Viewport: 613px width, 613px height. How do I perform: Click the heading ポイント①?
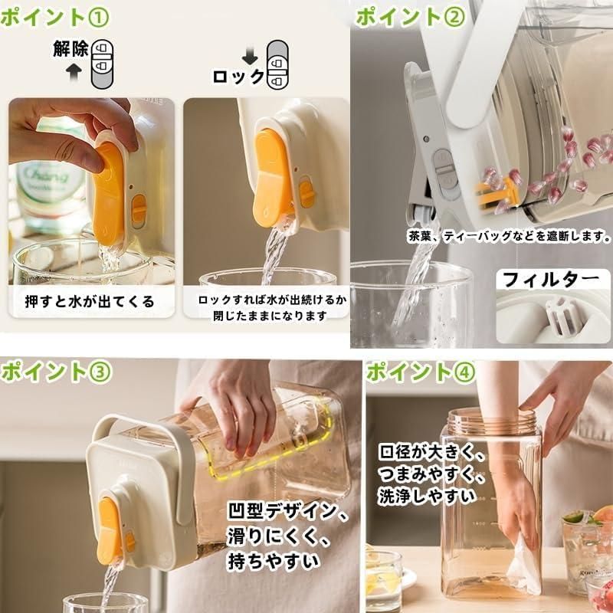(54, 18)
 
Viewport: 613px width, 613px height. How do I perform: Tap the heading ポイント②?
(411, 17)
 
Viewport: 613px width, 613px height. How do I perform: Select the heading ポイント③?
(57, 372)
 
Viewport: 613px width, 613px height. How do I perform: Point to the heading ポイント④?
(421, 372)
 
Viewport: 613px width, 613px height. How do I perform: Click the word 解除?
(70, 49)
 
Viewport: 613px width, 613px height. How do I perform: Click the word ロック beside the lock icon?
(238, 77)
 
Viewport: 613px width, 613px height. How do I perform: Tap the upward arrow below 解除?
(74, 71)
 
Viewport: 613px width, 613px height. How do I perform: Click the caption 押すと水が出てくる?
(90, 301)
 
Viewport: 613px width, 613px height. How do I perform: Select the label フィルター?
(551, 280)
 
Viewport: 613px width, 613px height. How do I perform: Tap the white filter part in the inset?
(562, 316)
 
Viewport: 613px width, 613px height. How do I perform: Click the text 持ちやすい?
(274, 562)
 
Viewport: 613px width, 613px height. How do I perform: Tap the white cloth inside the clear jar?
(524, 564)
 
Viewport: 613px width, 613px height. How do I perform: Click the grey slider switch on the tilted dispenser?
(444, 171)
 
